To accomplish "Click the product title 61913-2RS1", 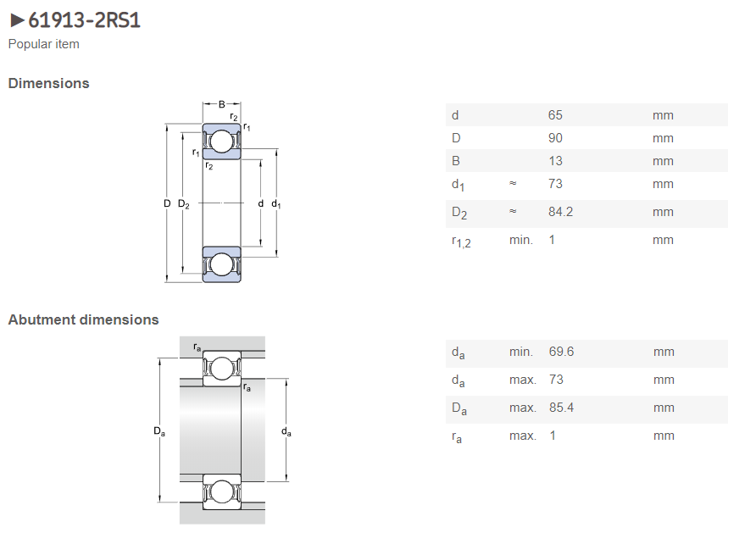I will tap(84, 19).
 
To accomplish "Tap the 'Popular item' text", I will tap(44, 44).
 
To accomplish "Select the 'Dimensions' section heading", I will tap(48, 83).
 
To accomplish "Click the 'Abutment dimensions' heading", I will tap(83, 319).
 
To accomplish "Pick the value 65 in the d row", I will tap(555, 115).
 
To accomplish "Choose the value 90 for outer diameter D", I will tap(555, 138).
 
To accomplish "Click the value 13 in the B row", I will tap(555, 161).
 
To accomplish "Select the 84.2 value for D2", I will tap(561, 212).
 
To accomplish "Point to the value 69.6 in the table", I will tap(561, 352).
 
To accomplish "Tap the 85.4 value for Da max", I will tap(561, 408).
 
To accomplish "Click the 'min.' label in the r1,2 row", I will tap(520, 240).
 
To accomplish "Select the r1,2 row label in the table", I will tap(460, 242).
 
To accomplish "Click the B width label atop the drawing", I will tap(222, 104).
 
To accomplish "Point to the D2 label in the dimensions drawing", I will tap(184, 203).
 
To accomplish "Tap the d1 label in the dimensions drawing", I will tap(276, 204).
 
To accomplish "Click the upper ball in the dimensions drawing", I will tap(221, 141).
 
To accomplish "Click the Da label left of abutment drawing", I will tap(159, 432).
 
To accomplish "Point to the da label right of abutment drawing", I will tap(286, 432).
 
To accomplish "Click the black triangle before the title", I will tap(16, 20).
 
